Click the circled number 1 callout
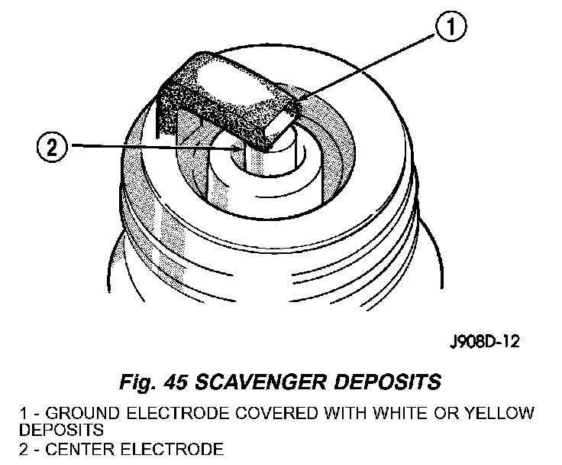(451, 29)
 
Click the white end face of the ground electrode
(284, 123)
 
